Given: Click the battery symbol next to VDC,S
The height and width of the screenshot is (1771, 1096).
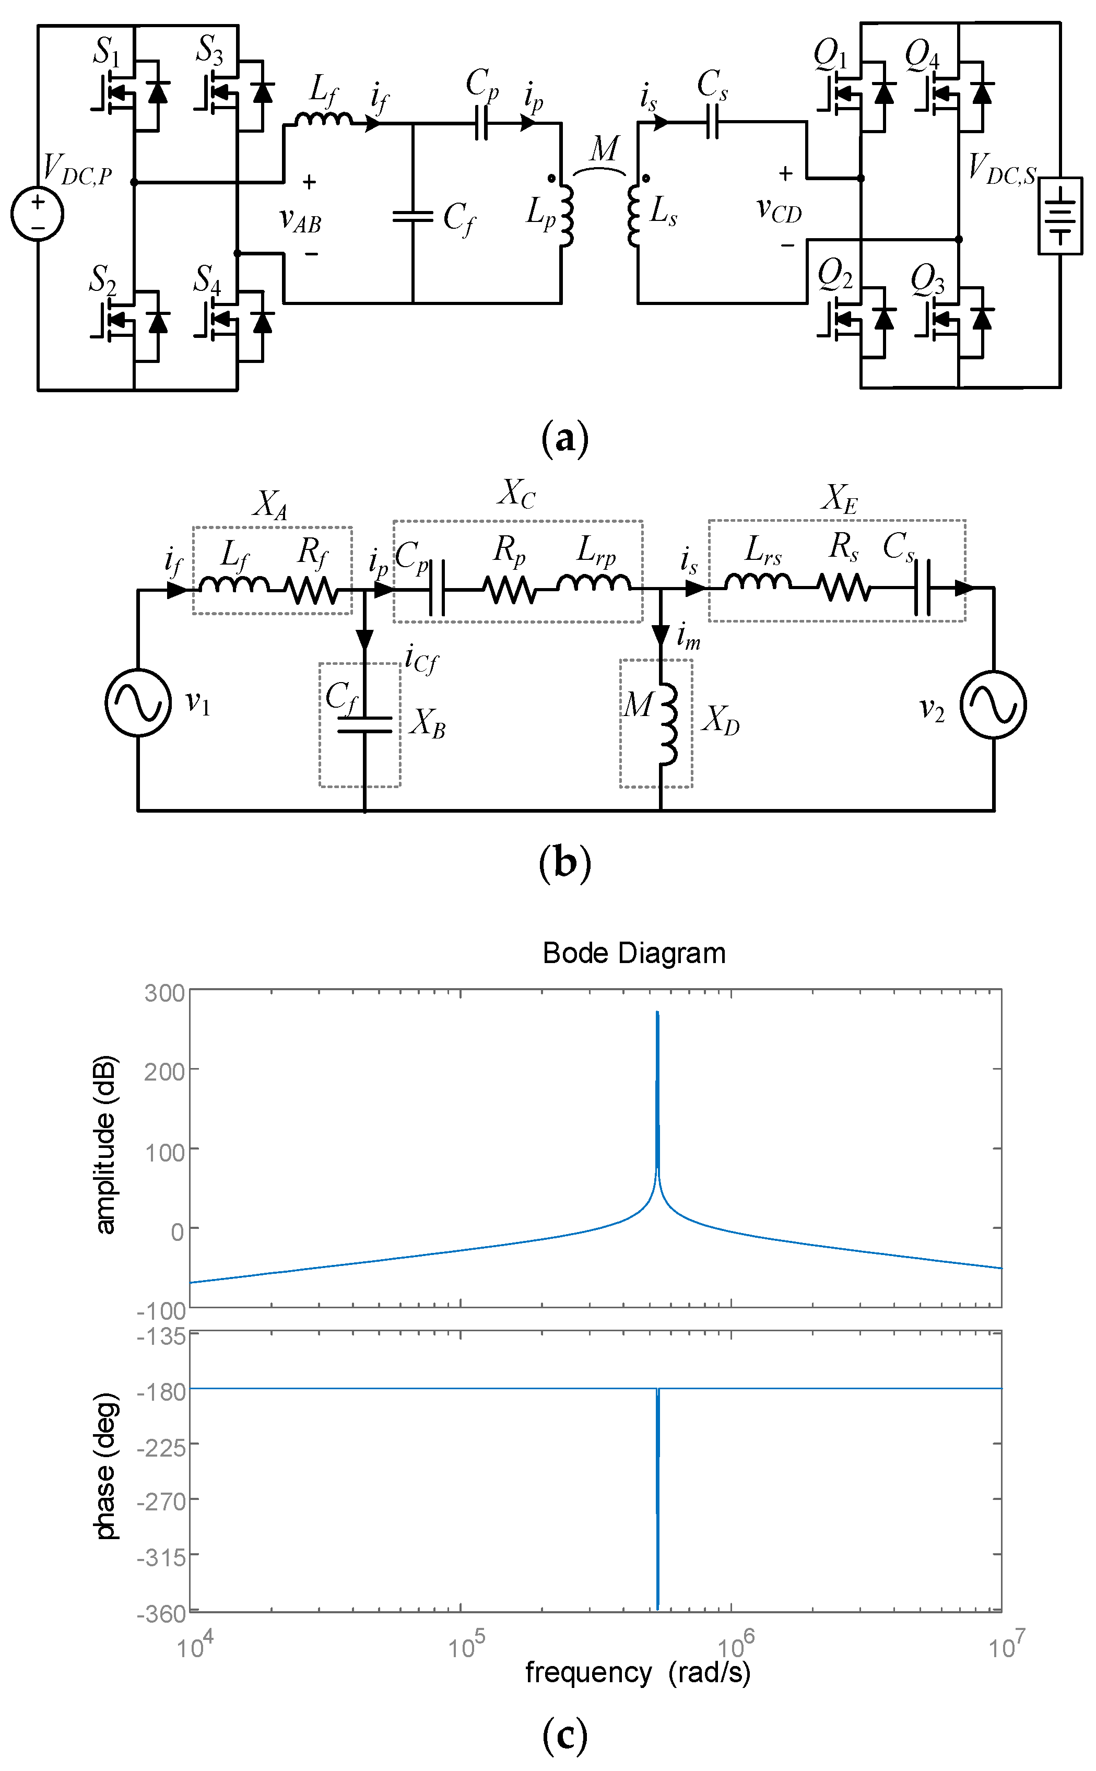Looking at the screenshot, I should [x=1060, y=215].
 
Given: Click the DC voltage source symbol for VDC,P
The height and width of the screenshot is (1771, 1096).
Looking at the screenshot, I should [x=38, y=214].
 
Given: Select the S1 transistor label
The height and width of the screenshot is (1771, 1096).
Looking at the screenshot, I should [x=106, y=52].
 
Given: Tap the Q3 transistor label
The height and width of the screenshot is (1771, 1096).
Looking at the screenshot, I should [x=927, y=279].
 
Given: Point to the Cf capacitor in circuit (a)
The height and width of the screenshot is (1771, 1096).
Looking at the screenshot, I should [x=413, y=216].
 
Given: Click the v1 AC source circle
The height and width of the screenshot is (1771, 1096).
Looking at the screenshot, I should [x=138, y=702].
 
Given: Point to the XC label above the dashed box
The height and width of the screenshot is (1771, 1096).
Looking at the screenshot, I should [x=516, y=494].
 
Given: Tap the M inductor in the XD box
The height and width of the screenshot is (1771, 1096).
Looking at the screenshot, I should [x=668, y=723].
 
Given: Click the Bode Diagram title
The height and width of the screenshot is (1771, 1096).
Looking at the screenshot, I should [x=633, y=953].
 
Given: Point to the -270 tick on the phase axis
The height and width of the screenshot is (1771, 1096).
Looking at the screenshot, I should [x=162, y=1500].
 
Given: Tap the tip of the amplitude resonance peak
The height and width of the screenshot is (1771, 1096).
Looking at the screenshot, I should [x=657, y=1013].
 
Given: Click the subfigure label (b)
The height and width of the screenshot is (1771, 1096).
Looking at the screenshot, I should [x=564, y=863].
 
